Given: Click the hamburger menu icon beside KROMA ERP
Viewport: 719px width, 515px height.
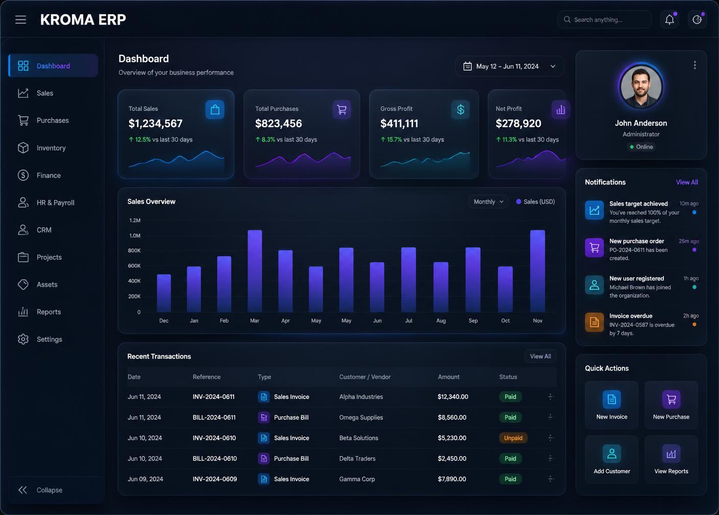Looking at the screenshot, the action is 20,19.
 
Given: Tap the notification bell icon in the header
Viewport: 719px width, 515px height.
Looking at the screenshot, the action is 669,19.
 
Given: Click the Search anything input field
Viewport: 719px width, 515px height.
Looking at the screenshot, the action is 605,19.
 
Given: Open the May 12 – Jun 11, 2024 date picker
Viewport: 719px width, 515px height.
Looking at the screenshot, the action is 510,66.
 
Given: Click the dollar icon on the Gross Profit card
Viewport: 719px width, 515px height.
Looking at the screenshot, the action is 460,109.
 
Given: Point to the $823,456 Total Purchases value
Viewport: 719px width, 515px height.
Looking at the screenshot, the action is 278,123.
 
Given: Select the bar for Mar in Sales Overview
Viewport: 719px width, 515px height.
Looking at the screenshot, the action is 254,271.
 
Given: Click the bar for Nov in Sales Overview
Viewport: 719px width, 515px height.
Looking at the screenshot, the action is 537,271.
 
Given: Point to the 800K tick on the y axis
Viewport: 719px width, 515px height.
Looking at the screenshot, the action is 134,250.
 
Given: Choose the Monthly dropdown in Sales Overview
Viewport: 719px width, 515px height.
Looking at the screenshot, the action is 488,202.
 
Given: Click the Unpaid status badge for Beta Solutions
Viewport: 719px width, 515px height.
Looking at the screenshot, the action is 513,438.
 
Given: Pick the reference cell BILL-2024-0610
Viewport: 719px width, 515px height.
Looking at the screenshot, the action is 214,458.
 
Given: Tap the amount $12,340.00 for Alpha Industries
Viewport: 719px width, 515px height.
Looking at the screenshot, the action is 452,397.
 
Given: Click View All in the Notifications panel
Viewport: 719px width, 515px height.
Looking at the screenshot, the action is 687,182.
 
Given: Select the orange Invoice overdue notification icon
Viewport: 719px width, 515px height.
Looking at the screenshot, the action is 594,322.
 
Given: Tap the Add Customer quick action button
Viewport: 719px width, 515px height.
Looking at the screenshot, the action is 611,459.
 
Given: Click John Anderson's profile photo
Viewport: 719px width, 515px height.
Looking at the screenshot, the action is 641,87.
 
